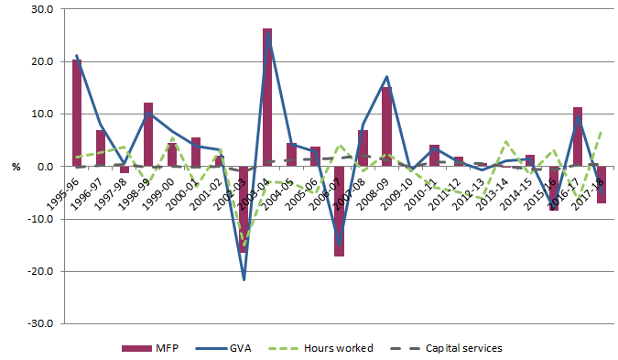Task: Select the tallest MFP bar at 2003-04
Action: pos(267,97)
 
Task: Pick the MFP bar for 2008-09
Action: pos(386,126)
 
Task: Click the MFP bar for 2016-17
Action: pos(578,136)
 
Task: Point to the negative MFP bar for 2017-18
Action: pos(602,184)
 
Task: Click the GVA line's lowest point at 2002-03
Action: pos(244,279)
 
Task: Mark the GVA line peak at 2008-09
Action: pos(386,77)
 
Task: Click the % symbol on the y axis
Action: pos(16,167)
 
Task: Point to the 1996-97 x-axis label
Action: pos(94,186)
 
